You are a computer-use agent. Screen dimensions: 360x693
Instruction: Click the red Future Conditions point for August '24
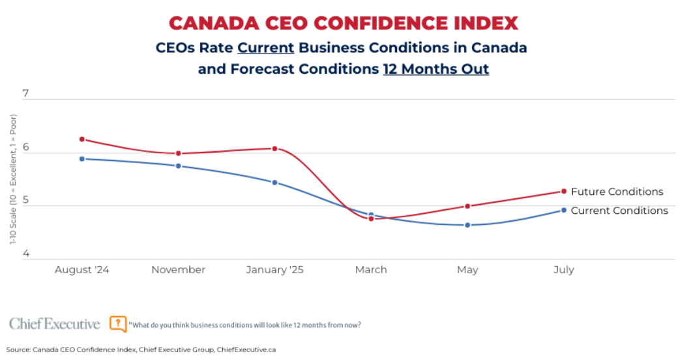pos(82,139)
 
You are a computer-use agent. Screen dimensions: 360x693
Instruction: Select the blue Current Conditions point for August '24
pos(82,158)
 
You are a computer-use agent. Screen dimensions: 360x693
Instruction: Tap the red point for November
pos(178,153)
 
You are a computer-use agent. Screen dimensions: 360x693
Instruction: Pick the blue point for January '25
pos(274,182)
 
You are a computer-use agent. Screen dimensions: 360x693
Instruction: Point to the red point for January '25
pos(274,149)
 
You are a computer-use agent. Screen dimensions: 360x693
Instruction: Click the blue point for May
pos(467,225)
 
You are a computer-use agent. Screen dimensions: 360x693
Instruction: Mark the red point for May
pos(467,206)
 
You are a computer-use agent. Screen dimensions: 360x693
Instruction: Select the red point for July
pos(564,191)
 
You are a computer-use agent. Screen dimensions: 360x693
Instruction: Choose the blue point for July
pos(564,210)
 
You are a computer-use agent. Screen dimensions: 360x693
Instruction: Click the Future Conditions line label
pos(617,192)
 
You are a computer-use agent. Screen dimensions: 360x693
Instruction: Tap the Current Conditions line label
pos(619,211)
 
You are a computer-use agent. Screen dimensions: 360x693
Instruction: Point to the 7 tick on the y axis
pos(25,94)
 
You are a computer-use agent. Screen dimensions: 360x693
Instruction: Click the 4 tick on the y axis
pos(25,254)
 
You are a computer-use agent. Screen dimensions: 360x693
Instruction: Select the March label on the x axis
pos(371,270)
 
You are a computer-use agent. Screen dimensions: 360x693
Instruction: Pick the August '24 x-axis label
pos(82,270)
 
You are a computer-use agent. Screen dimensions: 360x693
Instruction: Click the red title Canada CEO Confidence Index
pos(344,23)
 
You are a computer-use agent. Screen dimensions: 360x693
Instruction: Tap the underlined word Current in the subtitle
pos(266,48)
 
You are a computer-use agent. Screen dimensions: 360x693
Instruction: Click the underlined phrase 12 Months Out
pos(435,69)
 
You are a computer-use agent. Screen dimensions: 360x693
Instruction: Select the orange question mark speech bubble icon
pos(118,324)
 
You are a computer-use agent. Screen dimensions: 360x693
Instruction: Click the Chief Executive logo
pos(55,324)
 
